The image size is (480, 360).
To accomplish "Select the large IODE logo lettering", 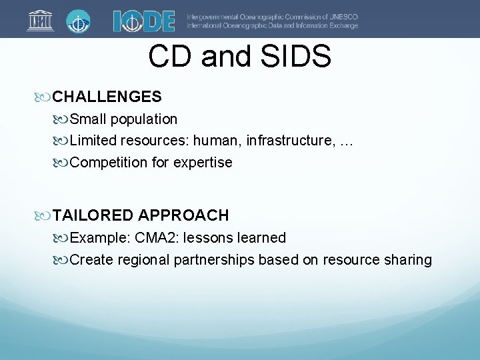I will tap(144, 20).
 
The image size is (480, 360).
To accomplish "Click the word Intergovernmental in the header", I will tap(215, 16).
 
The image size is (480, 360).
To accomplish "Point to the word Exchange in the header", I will tap(342, 25).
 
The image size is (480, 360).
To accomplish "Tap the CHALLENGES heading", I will tap(107, 97).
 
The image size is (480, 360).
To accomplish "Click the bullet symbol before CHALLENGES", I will tap(45, 97).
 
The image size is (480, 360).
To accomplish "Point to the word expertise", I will tap(203, 163).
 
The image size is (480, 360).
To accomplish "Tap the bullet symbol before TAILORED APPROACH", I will tap(45, 215).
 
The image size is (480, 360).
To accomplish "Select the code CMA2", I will tap(155, 237).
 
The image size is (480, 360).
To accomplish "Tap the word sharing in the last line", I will tap(407, 259).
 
